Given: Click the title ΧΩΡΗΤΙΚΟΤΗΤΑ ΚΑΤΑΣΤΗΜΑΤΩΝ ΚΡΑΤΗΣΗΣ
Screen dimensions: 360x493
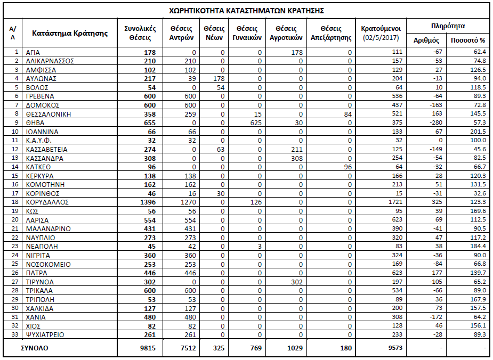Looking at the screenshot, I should point(246,10).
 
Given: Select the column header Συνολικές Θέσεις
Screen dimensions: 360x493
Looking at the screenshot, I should point(140,33).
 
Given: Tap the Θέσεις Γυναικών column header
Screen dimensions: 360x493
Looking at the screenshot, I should point(247,33).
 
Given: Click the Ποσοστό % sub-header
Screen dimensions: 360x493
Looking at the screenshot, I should point(468,40).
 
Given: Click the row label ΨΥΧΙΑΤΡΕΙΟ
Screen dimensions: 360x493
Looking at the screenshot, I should point(49,335).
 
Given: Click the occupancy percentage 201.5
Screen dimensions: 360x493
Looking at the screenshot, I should point(478,132).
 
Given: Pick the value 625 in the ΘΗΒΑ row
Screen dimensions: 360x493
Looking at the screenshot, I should point(256,123).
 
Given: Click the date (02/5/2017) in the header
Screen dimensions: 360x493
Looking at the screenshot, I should point(381,37).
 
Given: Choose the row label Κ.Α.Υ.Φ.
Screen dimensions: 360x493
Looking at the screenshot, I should point(39,141).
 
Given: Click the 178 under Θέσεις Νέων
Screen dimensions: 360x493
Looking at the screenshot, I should point(219,79).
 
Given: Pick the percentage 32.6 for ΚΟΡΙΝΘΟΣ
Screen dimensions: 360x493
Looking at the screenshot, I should point(479,194).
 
